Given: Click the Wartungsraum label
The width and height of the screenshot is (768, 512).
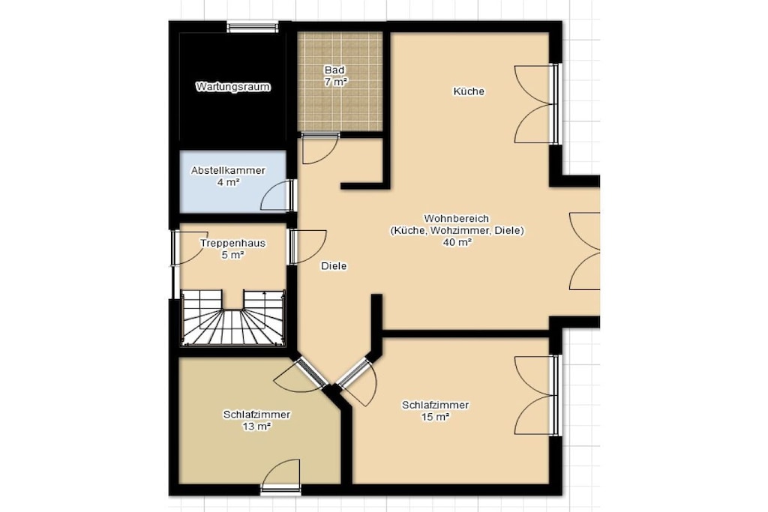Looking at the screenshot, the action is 233,87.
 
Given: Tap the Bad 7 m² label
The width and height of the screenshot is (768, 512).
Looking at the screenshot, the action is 335,76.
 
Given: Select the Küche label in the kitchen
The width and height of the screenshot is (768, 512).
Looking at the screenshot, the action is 469,91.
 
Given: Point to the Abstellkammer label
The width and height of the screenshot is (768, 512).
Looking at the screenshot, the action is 228,171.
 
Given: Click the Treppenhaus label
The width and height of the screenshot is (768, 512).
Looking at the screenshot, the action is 232,244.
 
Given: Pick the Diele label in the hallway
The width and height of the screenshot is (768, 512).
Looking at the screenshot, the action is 334,266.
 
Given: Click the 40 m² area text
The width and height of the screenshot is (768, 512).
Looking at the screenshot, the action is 457,242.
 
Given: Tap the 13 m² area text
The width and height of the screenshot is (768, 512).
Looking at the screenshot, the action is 256,427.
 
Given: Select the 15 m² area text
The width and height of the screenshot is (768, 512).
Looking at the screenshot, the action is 436,417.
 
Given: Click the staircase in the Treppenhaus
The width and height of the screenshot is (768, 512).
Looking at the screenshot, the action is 232,318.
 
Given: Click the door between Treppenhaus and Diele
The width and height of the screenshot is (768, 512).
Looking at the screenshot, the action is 307,246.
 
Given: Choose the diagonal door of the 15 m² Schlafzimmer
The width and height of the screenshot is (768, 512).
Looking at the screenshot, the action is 358,382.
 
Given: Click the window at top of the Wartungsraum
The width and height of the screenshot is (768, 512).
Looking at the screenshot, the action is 253,26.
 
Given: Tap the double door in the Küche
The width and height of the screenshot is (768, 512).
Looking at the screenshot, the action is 536,104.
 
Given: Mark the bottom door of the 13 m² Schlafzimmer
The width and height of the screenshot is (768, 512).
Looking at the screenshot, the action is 280,476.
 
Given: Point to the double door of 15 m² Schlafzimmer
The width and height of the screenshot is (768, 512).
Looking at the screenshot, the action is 536,396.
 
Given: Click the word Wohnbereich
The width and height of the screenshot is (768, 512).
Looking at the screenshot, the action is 457,218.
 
